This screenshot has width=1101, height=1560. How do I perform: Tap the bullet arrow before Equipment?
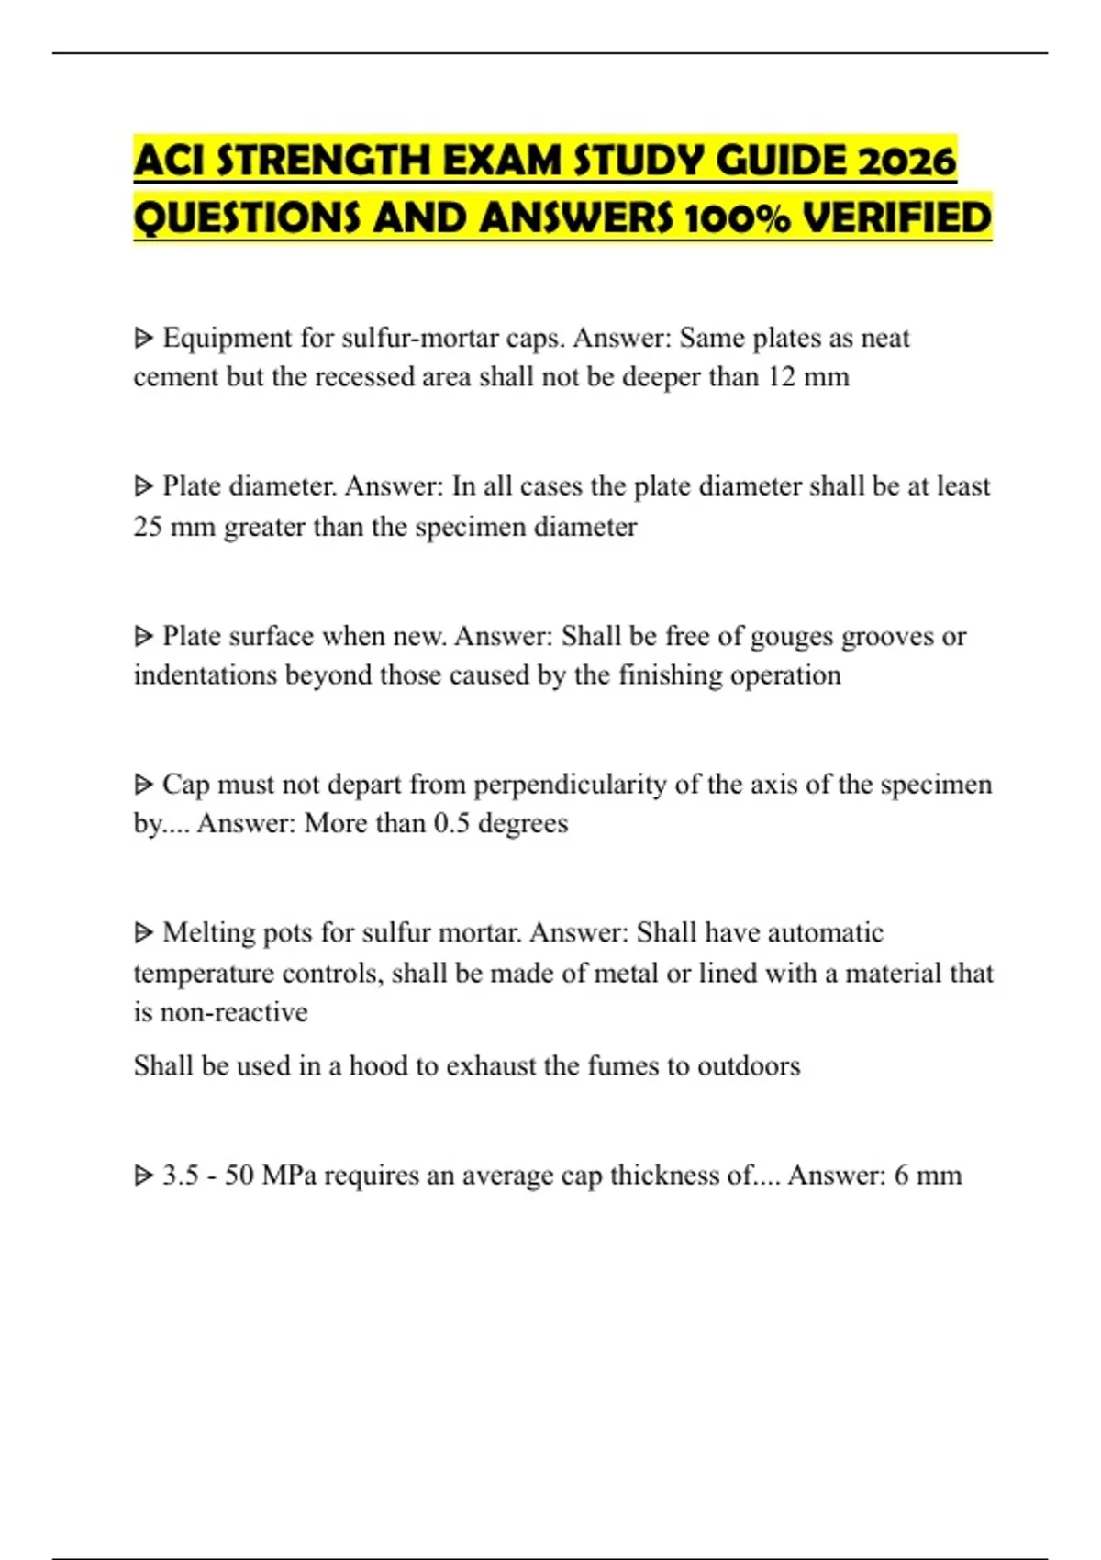click(x=143, y=339)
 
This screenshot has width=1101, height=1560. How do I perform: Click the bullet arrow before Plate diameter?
click(x=143, y=486)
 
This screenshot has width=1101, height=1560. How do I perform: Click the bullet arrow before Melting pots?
click(x=143, y=933)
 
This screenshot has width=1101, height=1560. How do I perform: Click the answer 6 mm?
click(x=928, y=1176)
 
